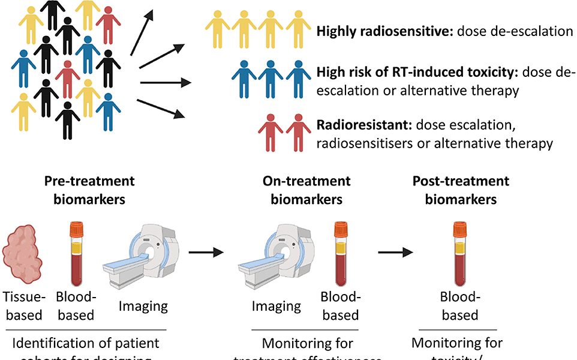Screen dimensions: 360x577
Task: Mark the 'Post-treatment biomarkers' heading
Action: tap(461, 190)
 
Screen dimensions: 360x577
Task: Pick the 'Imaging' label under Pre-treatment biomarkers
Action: tap(143, 306)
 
